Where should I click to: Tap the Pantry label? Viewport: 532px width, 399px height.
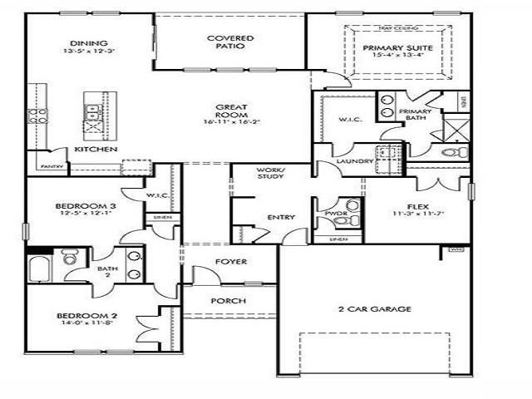(x=51, y=166)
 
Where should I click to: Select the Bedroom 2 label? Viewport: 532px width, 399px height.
(x=80, y=315)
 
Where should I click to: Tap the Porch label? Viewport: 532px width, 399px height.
(x=226, y=300)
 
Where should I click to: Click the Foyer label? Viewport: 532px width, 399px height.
(x=231, y=262)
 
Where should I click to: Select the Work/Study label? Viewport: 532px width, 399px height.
(x=271, y=173)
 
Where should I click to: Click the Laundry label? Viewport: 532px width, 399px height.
(x=353, y=160)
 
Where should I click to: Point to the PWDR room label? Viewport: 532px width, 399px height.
(x=335, y=214)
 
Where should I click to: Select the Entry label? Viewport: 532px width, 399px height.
(x=281, y=217)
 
